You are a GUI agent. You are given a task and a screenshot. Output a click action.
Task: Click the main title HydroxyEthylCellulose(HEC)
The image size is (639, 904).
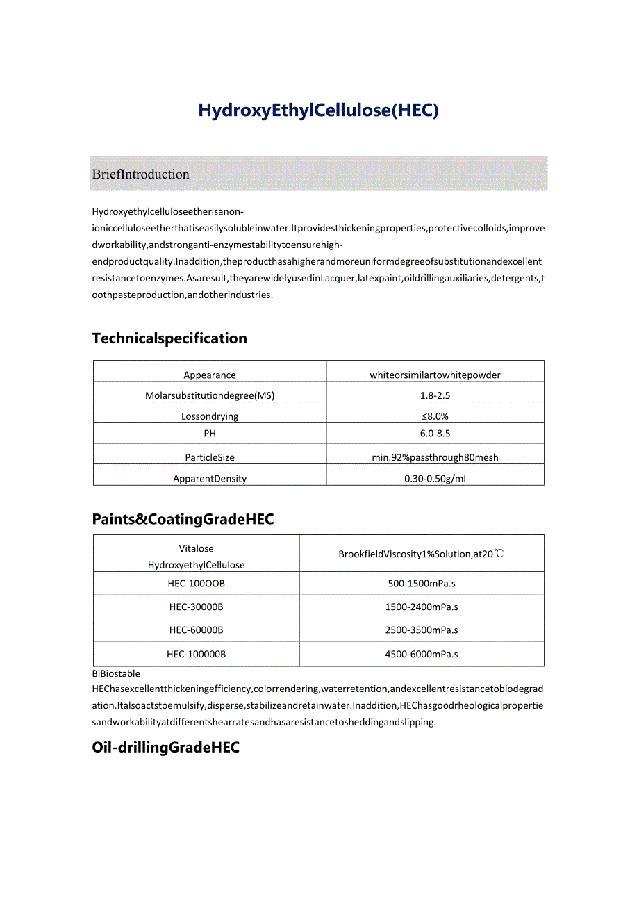click(319, 110)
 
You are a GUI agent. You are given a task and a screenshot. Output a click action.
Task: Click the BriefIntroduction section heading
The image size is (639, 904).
click(141, 174)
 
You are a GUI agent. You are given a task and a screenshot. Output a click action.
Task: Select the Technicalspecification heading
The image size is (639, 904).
click(169, 338)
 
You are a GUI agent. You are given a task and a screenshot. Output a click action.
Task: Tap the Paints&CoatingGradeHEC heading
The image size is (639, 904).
click(183, 519)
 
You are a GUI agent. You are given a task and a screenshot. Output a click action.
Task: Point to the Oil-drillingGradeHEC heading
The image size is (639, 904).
click(165, 747)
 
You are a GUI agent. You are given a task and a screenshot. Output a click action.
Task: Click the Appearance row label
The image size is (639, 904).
click(210, 375)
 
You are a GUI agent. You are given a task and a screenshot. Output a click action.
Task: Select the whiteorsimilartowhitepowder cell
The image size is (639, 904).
click(435, 375)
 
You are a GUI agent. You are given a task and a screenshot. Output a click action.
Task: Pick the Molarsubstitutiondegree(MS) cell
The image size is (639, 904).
click(210, 395)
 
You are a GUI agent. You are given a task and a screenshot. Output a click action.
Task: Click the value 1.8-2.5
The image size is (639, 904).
click(435, 395)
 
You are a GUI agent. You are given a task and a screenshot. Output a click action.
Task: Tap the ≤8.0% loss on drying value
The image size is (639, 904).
click(435, 416)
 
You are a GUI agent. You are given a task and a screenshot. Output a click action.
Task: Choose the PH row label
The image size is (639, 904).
click(210, 434)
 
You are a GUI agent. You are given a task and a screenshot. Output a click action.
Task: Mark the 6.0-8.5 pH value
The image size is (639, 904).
click(435, 434)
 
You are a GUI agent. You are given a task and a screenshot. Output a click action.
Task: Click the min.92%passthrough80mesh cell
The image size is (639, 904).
click(435, 457)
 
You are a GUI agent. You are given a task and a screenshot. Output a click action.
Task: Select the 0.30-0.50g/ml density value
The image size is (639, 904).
click(435, 479)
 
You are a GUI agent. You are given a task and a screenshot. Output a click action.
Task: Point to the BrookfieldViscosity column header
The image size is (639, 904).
click(421, 554)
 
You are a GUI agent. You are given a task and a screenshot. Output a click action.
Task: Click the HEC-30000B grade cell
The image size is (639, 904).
click(197, 607)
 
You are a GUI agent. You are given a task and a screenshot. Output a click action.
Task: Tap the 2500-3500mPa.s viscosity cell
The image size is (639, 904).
click(422, 630)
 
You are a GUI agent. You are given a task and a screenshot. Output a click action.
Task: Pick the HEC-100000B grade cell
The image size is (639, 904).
click(197, 654)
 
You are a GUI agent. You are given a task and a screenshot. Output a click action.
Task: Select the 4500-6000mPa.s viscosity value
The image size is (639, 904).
click(422, 654)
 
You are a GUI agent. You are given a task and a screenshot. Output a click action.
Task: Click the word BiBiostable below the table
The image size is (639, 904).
click(116, 673)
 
